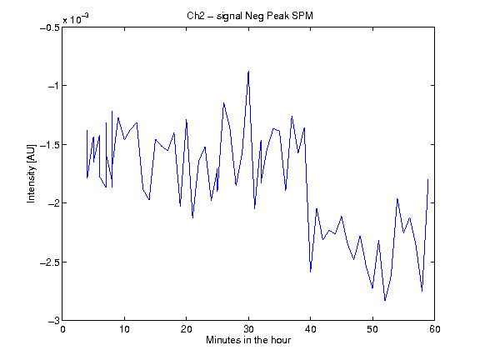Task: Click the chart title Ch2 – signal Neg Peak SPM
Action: coord(250,16)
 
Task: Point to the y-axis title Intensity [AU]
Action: coord(31,173)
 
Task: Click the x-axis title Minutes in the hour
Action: coord(248,340)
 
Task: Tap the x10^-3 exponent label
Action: coord(76,19)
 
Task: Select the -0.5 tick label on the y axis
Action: coord(50,27)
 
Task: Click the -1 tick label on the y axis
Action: coord(53,86)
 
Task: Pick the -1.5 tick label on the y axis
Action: coord(50,144)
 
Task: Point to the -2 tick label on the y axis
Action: coord(53,203)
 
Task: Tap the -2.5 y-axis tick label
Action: coord(50,262)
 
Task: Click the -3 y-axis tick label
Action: coord(53,321)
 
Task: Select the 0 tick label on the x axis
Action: coord(62,329)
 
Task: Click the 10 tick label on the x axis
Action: coord(124,329)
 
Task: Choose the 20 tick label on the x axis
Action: coord(186,329)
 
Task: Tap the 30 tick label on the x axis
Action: coord(248,329)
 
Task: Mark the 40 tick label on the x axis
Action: coord(310,329)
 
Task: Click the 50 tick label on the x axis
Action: coord(372,329)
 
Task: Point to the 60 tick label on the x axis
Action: coord(435,329)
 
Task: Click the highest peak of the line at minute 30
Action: coord(248,72)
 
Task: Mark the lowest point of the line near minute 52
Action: coord(385,301)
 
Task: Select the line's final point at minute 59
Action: coord(428,180)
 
